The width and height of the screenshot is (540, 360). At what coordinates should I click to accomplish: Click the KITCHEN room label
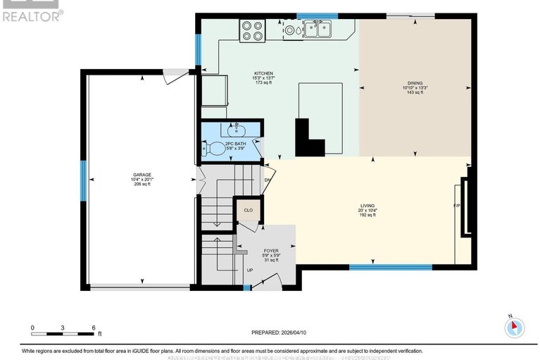tap(264, 73)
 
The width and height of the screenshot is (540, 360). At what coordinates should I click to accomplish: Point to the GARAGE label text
tap(143, 174)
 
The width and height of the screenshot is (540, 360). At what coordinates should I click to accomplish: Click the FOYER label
tap(271, 250)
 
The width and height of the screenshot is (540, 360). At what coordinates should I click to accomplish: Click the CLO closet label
tap(248, 209)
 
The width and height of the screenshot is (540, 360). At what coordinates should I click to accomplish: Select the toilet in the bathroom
tap(216, 148)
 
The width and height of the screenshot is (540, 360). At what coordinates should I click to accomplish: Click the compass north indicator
tap(515, 325)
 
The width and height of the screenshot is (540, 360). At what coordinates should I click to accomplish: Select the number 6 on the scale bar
tap(94, 328)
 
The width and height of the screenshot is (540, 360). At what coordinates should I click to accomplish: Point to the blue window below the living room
tap(391, 267)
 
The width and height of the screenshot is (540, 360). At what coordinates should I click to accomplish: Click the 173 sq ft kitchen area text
tap(263, 82)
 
